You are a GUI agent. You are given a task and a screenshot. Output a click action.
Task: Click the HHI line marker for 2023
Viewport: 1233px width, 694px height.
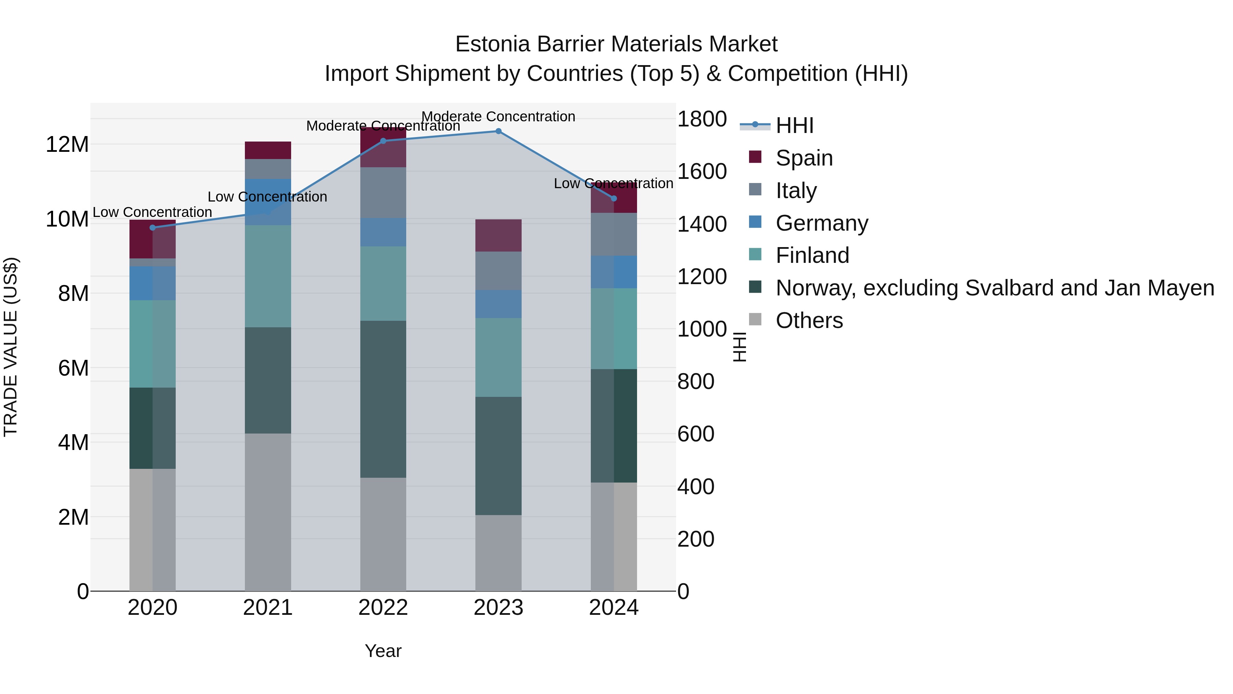pyautogui.click(x=498, y=131)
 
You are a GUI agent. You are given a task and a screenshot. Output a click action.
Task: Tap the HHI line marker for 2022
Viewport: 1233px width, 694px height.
pyautogui.click(x=383, y=141)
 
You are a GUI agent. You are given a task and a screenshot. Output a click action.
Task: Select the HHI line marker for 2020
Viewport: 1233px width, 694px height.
pyautogui.click(x=153, y=228)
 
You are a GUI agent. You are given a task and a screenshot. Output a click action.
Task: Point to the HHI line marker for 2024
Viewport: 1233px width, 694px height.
pyautogui.click(x=614, y=198)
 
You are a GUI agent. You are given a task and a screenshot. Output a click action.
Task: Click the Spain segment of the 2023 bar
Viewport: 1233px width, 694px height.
pyautogui.click(x=498, y=236)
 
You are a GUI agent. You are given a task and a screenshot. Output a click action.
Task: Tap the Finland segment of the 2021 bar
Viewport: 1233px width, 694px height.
pyautogui.click(x=267, y=276)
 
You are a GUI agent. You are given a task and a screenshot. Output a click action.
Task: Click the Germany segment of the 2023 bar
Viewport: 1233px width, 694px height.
pyautogui.click(x=498, y=304)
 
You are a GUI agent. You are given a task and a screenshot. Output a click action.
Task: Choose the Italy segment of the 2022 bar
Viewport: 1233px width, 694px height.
pyautogui.click(x=383, y=193)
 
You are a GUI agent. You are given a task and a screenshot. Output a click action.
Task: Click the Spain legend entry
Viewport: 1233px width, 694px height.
pyautogui.click(x=804, y=158)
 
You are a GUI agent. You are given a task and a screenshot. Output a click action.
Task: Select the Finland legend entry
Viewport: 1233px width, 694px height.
pyautogui.click(x=812, y=255)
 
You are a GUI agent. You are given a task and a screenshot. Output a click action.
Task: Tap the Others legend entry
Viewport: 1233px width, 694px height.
pyautogui.click(x=809, y=320)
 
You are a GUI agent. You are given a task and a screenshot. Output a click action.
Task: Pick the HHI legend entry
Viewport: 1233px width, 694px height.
pyautogui.click(x=795, y=125)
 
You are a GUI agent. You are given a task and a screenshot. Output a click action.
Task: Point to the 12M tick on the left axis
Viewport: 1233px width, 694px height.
pyautogui.click(x=67, y=144)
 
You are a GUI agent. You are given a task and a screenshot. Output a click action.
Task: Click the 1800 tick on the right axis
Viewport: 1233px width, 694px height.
pyautogui.click(x=702, y=119)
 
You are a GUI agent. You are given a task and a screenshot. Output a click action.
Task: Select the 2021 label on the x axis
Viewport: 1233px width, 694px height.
pyautogui.click(x=267, y=608)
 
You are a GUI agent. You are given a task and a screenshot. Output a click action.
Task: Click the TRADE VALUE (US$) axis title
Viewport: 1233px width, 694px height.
pyautogui.click(x=11, y=347)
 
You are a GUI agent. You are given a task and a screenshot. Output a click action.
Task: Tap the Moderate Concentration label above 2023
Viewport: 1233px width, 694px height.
pyautogui.click(x=498, y=117)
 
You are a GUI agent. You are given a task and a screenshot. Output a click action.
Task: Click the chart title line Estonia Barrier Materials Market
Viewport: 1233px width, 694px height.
pyautogui.click(x=616, y=44)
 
